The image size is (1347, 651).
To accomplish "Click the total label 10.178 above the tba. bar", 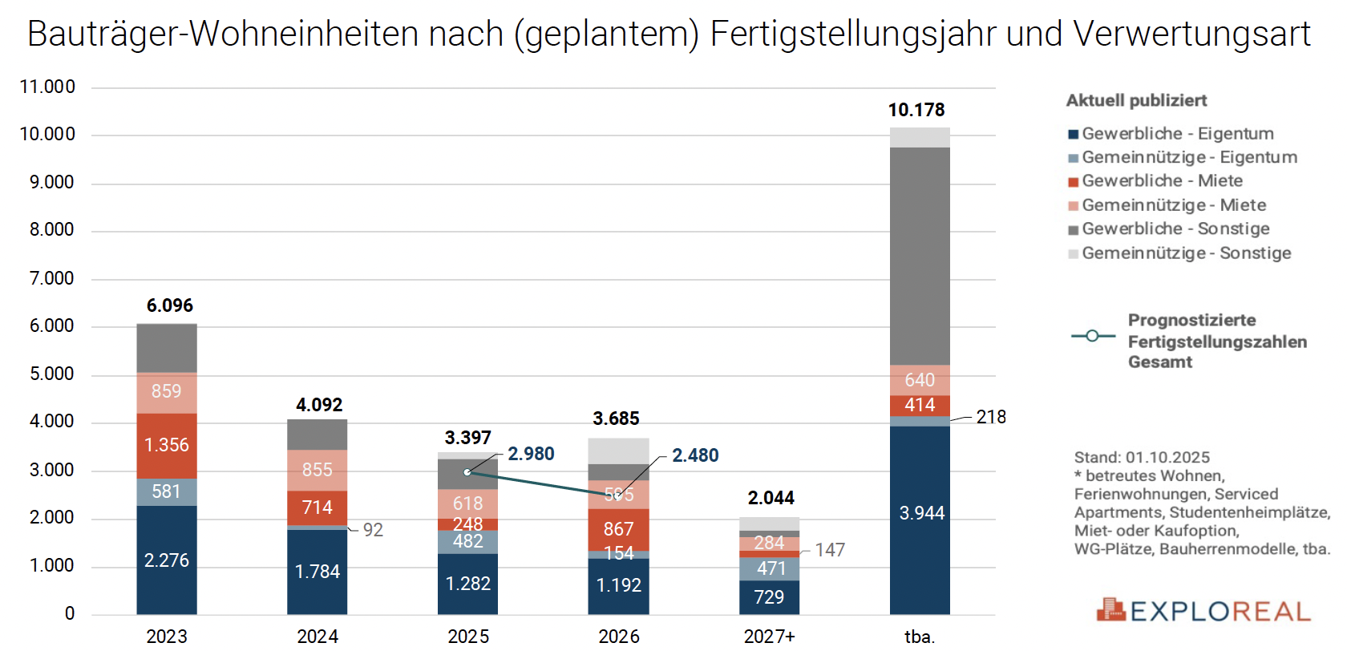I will pyautogui.click(x=916, y=110).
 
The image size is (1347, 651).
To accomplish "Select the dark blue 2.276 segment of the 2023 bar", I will pyautogui.click(x=167, y=560).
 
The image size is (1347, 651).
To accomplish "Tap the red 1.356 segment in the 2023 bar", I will pyautogui.click(x=167, y=445).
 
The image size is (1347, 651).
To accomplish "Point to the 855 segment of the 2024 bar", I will pyautogui.click(x=318, y=470).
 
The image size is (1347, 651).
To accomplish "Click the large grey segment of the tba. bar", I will pyautogui.click(x=920, y=257).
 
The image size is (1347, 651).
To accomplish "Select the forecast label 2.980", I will pyautogui.click(x=531, y=454).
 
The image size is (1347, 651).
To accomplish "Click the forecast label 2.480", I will pyautogui.click(x=695, y=455).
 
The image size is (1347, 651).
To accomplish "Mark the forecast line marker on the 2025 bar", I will pyautogui.click(x=467, y=472).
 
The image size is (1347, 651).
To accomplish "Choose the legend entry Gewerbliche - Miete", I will pyautogui.click(x=1162, y=181).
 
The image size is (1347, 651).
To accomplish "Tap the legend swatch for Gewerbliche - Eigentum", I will pyautogui.click(x=1073, y=135).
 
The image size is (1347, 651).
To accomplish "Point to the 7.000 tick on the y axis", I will pyautogui.click(x=51, y=278).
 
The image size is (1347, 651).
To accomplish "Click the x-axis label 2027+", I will pyautogui.click(x=769, y=637).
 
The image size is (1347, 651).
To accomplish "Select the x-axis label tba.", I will pyautogui.click(x=920, y=637).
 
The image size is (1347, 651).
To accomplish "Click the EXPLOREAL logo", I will pyautogui.click(x=1203, y=611).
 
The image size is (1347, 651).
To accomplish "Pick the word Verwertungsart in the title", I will pyautogui.click(x=1191, y=34).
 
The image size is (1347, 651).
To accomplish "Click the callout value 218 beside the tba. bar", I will pyautogui.click(x=991, y=417).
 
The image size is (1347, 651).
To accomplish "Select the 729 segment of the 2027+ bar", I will pyautogui.click(x=769, y=597).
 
